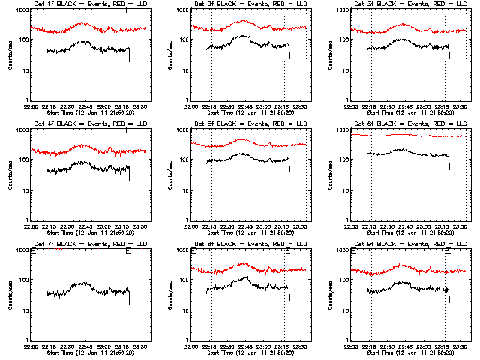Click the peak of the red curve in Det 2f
tap(243, 20)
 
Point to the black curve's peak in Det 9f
tap(403, 282)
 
